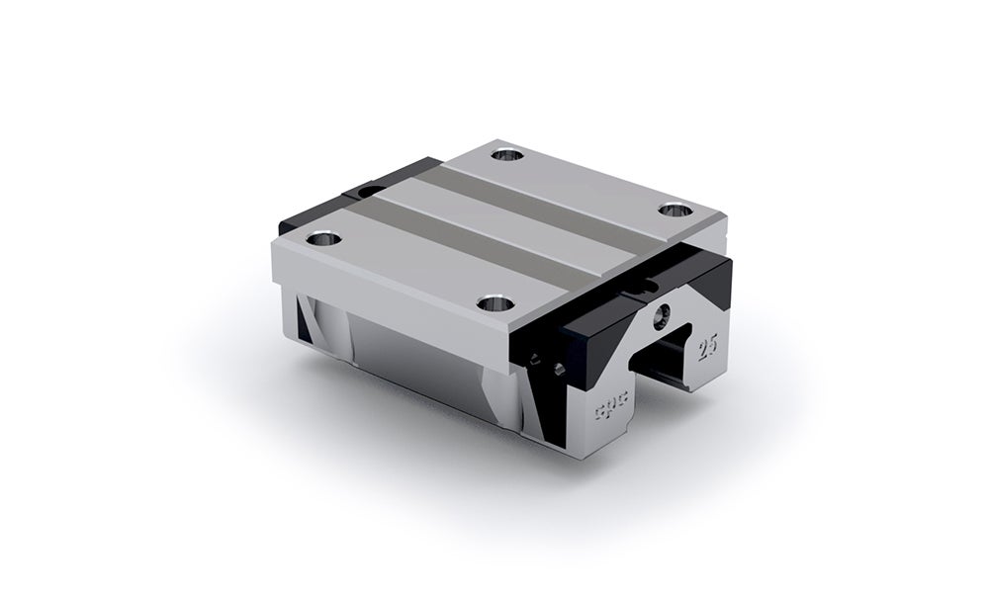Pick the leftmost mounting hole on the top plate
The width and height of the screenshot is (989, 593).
point(321,238)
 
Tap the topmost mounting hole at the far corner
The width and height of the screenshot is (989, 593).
point(508,154)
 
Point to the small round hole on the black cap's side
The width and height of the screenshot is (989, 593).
point(561,369)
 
